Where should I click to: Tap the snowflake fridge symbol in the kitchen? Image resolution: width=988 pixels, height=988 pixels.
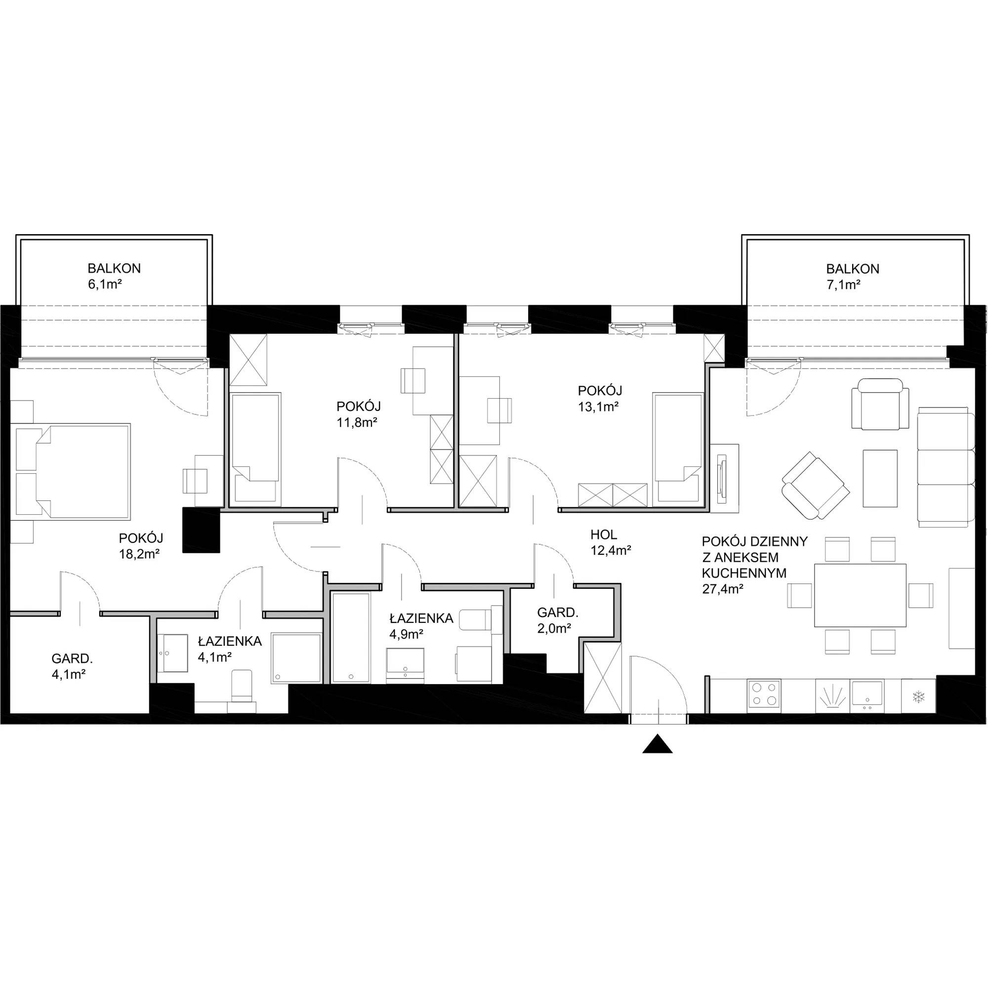[919, 696]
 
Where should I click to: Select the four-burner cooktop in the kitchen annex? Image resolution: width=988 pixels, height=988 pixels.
[764, 696]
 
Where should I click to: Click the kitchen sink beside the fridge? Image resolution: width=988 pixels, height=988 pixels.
[867, 696]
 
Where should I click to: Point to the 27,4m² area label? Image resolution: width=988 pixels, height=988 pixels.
[723, 589]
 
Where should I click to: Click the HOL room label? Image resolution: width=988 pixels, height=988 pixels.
[604, 535]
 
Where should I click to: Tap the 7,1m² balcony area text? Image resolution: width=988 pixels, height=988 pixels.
[843, 285]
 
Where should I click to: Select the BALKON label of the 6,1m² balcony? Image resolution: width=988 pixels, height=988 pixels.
[114, 268]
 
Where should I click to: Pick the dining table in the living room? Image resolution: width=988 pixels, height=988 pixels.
[860, 595]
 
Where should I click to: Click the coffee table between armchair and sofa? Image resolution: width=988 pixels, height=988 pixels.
[880, 479]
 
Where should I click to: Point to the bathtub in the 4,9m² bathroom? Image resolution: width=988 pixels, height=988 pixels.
[351, 638]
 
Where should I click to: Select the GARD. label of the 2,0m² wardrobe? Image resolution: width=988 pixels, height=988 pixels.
[557, 612]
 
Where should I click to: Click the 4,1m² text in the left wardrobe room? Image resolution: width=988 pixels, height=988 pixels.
[68, 674]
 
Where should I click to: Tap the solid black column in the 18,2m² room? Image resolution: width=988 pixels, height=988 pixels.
[201, 530]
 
